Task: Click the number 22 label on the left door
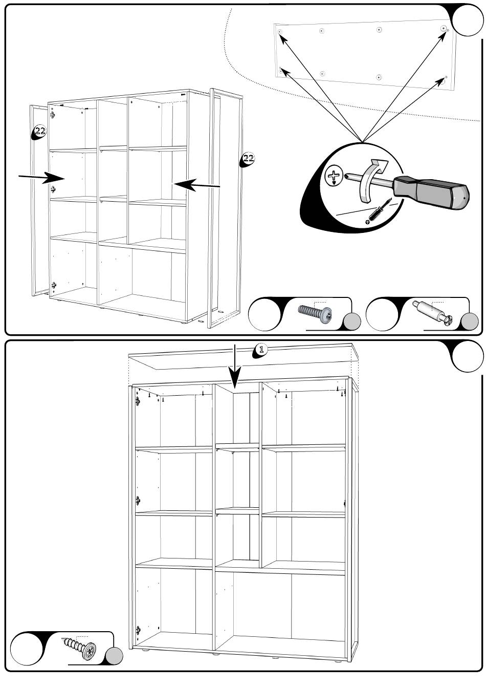point(40,131)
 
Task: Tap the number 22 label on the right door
point(248,158)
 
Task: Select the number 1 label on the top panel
point(261,350)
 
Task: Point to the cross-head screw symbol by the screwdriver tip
point(334,175)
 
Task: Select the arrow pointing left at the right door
point(197,185)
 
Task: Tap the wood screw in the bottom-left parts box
point(79,649)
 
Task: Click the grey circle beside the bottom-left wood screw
point(114,657)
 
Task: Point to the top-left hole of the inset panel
point(280,32)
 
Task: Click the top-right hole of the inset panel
point(444,29)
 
